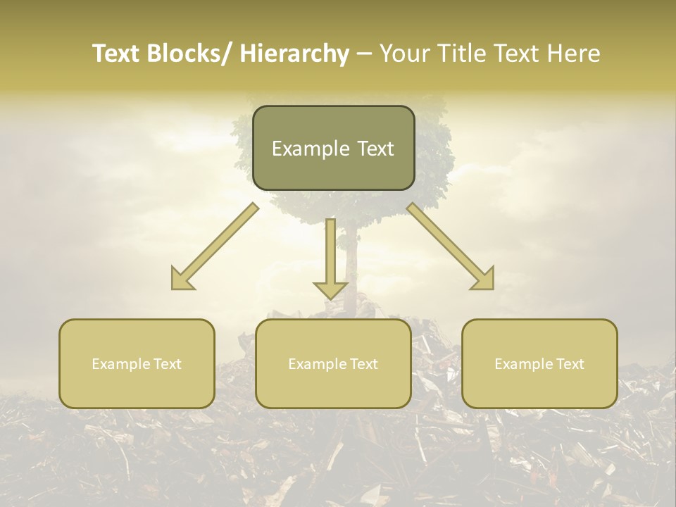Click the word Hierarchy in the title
294,54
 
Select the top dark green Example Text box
333,148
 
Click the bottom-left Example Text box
137,363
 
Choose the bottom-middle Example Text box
333,363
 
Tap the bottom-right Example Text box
539,363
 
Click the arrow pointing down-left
215,246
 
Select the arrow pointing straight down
330,257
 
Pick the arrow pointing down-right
451,246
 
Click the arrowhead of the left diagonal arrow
182,280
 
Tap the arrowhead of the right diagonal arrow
484,280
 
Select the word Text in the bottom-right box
569,364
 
